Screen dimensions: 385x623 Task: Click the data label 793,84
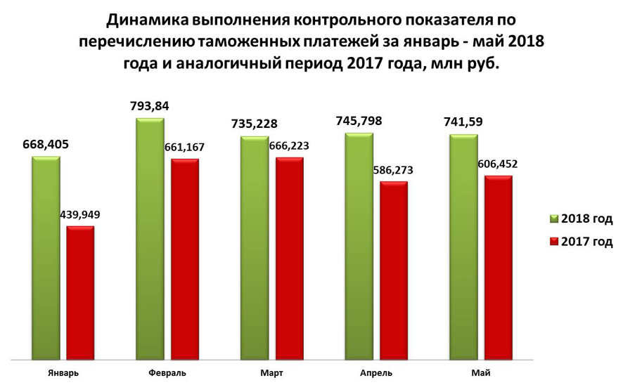point(150,107)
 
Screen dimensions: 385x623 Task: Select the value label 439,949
point(80,216)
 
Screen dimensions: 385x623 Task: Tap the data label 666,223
point(290,146)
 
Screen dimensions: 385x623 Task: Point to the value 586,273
point(394,170)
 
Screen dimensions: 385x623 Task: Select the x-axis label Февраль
point(168,372)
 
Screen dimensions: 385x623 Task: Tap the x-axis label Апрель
point(376,372)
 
